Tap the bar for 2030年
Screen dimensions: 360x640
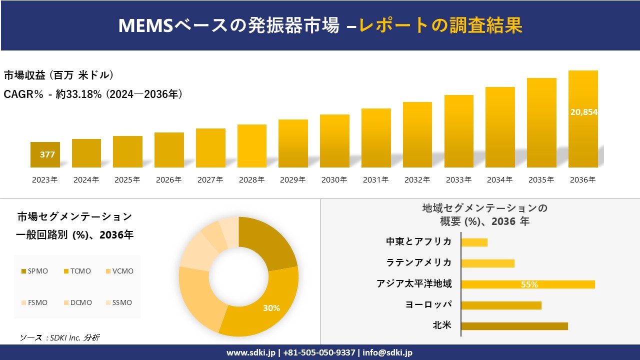pos(334,141)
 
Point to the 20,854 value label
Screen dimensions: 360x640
pos(583,112)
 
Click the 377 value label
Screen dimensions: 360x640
pos(47,154)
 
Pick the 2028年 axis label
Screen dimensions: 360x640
pos(251,179)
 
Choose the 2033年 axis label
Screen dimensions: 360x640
pos(458,179)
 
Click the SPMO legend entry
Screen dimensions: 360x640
pos(35,271)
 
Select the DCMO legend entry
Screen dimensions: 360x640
pos(77,302)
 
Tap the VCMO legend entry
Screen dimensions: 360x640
pos(119,271)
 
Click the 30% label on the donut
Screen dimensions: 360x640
pos(271,308)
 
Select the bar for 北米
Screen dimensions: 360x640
pos(514,326)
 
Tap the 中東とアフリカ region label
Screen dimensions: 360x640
pos(419,241)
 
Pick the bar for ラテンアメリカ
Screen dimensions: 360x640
pos(487,263)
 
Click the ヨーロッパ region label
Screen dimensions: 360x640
pos(428,304)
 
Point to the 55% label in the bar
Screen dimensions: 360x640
pos(529,284)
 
